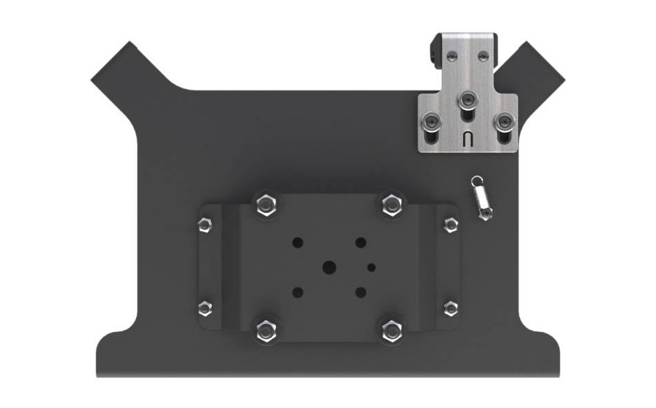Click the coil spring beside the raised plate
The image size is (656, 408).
point(481,198)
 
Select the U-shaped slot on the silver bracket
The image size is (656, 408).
point(467,138)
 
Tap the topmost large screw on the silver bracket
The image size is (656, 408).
point(468,98)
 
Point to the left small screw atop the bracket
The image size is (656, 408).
point(450,54)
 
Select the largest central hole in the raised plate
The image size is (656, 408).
point(329,267)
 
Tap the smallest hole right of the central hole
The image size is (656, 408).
point(372,267)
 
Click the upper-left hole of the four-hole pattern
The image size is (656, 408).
point(298,243)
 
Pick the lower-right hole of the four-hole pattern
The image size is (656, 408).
point(360,292)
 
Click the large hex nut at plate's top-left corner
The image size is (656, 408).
point(265,204)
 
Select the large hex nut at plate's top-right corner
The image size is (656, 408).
point(392,204)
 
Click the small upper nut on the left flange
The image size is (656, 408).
point(205,225)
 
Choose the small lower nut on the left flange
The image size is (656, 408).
point(205,308)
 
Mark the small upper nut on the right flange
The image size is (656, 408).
point(451,225)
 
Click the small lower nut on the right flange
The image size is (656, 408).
point(451,308)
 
